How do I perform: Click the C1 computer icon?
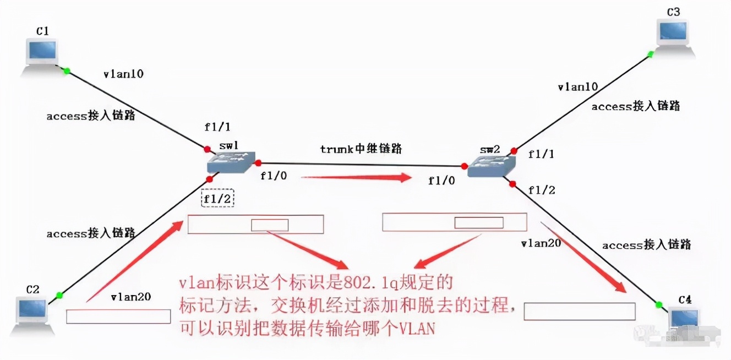tap(42, 53)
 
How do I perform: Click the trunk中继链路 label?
tap(361, 149)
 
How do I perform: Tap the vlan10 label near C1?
tap(123, 74)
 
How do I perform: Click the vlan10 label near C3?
tap(578, 87)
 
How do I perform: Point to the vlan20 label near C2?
tap(130, 297)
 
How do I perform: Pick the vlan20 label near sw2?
tap(541, 242)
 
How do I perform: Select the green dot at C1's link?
tap(67, 71)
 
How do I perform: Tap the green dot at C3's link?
tap(651, 54)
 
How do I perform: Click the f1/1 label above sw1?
tap(217, 127)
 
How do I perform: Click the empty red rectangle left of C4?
tap(579, 311)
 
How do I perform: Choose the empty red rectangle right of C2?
tap(118, 316)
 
